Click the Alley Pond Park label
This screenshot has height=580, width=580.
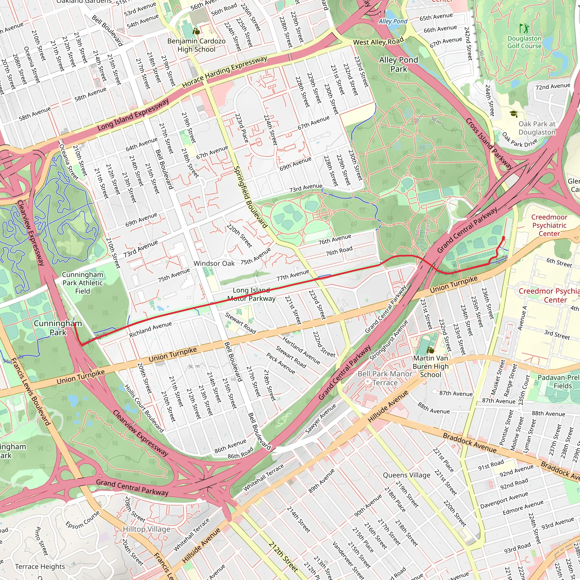point(398,64)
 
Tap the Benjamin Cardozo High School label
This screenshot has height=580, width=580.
point(196,45)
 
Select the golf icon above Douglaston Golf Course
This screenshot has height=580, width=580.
point(524,29)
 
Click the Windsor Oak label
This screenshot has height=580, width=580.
point(214,263)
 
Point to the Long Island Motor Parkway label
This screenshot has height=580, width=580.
point(251,294)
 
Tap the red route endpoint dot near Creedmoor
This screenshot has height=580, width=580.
point(504,238)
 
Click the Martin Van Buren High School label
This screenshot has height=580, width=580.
point(430,366)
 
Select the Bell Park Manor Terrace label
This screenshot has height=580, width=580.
point(385,378)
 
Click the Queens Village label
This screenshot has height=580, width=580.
point(406,475)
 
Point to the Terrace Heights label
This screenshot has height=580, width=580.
point(40,566)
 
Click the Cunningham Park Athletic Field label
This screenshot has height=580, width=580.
point(83,283)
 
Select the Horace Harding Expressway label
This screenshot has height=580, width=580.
point(224,72)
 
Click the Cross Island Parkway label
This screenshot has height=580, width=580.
point(489,144)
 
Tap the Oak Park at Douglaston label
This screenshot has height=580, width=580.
point(537,128)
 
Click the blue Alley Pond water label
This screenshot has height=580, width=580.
point(393,21)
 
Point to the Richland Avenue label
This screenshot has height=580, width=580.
point(150,329)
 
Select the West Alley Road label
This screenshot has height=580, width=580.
point(378,41)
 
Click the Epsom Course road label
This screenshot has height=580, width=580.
point(83,520)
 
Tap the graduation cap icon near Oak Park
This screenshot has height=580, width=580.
point(514,114)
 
